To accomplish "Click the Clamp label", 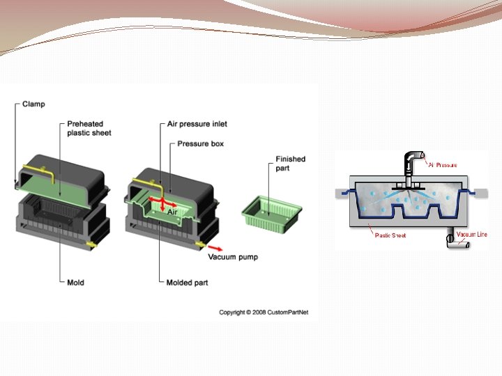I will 33,104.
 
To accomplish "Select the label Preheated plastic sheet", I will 89,128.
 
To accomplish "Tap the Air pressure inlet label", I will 197,124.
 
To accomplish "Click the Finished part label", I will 290,163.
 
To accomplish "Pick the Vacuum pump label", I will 233,257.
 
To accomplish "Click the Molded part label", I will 188,283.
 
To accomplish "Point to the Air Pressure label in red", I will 443,165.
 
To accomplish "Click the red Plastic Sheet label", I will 390,236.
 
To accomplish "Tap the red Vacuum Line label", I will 472,235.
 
